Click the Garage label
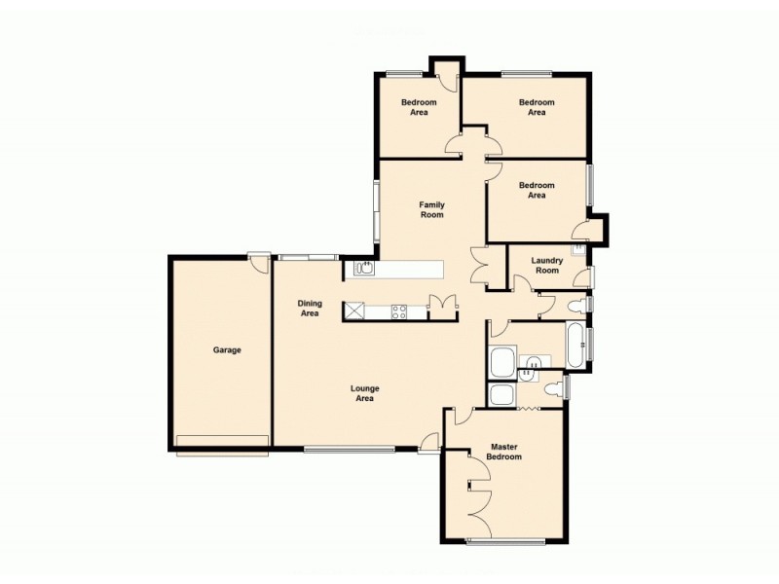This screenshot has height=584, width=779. click(x=227, y=350)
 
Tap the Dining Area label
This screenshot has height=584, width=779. click(x=310, y=309)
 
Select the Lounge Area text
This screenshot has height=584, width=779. click(x=364, y=393)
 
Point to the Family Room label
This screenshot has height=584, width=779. click(x=432, y=209)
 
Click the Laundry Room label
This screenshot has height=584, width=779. click(x=547, y=265)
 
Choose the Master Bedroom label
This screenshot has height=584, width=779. click(x=504, y=453)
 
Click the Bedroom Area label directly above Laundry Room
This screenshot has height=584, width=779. click(x=537, y=190)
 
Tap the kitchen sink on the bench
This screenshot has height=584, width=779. click(x=366, y=268)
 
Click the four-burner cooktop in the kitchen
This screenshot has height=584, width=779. click(x=399, y=311)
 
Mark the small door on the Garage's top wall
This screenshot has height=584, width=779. click(x=258, y=258)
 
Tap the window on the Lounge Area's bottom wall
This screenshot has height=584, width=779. click(x=349, y=449)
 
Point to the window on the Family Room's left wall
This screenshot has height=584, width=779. click(x=377, y=209)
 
